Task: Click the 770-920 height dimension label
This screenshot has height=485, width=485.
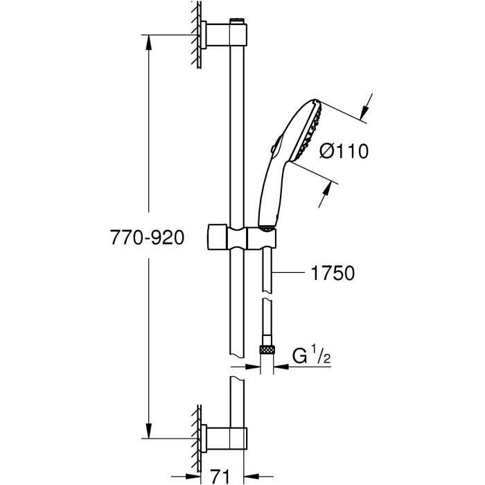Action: click(x=147, y=238)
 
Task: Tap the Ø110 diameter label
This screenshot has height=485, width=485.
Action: click(x=344, y=152)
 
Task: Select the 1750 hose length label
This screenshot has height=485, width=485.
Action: click(x=333, y=273)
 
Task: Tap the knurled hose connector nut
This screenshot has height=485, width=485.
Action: click(x=267, y=349)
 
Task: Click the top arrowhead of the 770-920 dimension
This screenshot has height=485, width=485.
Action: click(x=149, y=42)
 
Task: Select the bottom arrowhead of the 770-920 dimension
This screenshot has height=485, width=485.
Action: click(x=149, y=431)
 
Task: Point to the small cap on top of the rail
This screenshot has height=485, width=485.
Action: click(x=238, y=21)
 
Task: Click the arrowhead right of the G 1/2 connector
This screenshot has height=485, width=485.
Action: click(x=281, y=367)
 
